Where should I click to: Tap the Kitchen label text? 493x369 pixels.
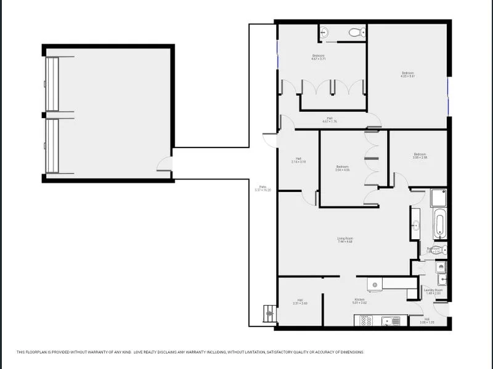[360, 301]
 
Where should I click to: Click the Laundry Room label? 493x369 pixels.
[433, 291]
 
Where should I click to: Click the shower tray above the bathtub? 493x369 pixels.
[439, 199]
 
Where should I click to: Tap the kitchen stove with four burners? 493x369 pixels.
[365, 320]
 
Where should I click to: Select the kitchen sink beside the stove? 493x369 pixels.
[389, 320]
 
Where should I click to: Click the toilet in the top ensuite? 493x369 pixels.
[355, 33]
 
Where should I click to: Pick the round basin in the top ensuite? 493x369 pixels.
[325, 33]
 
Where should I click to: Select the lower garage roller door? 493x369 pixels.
[52, 146]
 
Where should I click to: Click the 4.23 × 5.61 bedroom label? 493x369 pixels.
[407, 74]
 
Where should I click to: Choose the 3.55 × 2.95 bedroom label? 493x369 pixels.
[420, 156]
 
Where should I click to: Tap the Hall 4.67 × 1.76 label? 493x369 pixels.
[329, 120]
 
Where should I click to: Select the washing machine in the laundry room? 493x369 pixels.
[441, 267]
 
